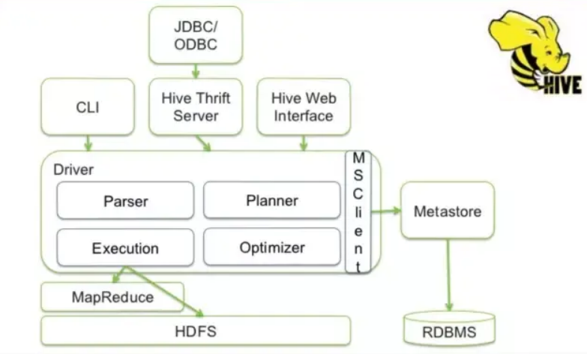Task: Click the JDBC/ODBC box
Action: [x=196, y=34]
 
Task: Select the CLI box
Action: [x=88, y=106]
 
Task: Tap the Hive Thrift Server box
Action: [x=196, y=106]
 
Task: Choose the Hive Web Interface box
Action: [x=303, y=106]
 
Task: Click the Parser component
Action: [x=125, y=201]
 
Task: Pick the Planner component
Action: [x=271, y=200]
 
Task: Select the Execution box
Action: [x=125, y=248]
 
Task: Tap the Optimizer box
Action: [x=271, y=247]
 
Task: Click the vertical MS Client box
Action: [x=358, y=212]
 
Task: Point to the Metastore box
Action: [x=448, y=211]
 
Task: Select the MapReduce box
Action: [x=112, y=298]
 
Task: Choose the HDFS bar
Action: [x=196, y=331]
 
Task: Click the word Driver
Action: [x=73, y=169]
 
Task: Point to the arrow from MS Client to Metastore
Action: [x=386, y=211]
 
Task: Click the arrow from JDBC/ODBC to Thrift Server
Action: [x=196, y=70]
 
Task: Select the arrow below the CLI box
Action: [x=88, y=142]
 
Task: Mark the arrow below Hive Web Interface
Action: [x=303, y=142]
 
